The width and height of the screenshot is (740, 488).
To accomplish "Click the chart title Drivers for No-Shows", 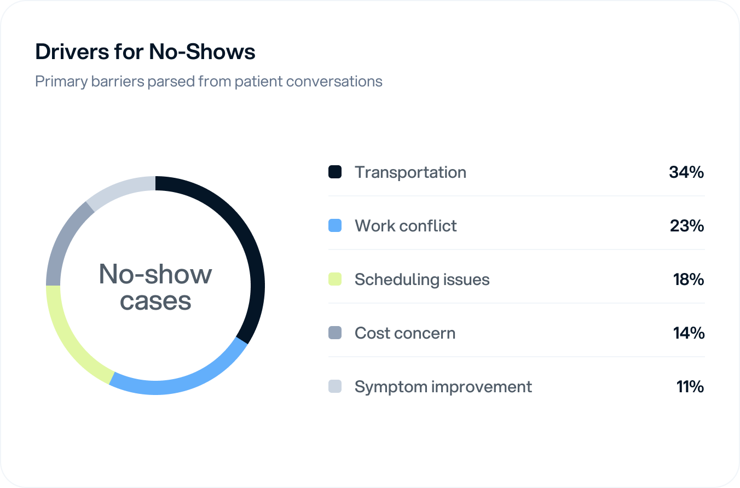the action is coord(145,51).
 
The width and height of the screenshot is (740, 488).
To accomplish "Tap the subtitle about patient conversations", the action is coord(209,81).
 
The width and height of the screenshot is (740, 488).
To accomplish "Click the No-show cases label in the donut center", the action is coord(155,287).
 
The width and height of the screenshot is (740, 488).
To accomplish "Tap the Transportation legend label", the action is coord(411,172).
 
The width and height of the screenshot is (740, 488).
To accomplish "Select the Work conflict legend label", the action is coord(406,226).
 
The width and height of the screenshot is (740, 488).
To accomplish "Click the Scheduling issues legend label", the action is coord(422,280).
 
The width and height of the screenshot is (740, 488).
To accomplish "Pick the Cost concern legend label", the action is coord(405,333).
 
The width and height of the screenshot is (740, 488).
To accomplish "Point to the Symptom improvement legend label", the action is coord(443,387).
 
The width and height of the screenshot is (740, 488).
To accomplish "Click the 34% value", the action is coord(686,172).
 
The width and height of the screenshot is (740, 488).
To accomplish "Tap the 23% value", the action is coord(687,226).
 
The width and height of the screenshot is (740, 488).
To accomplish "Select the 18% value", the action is coord(689,280).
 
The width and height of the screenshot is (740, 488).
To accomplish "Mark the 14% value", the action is coord(689,333).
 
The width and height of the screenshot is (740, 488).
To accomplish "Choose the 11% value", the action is coord(690,387).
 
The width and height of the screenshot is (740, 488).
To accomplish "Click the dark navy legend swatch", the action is coord(335,172).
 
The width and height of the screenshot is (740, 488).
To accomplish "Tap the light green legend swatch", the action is coord(335,280).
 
